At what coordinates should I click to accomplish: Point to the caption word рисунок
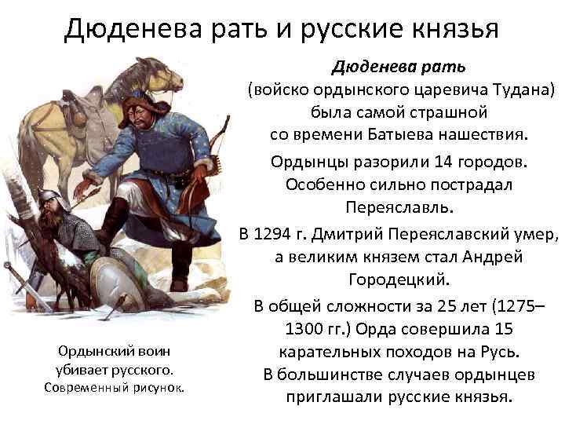click(x=158, y=387)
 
